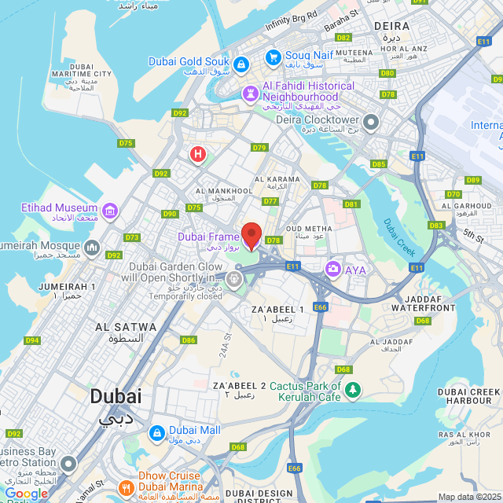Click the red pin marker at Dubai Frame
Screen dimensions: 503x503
coord(251,235)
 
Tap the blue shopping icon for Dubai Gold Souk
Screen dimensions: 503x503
coord(241,62)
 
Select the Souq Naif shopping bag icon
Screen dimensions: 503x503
coord(273,56)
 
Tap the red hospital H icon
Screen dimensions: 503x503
coord(197,154)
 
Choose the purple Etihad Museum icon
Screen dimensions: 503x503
coord(110,211)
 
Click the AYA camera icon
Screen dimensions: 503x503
coord(333,270)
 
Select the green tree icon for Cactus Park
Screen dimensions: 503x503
coord(354,390)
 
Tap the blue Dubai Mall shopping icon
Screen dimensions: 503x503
coord(156,432)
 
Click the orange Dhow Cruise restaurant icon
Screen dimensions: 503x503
coord(127,488)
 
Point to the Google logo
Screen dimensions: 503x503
coord(26,494)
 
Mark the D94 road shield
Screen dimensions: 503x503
coord(32,340)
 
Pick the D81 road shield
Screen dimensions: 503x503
coord(351,204)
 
